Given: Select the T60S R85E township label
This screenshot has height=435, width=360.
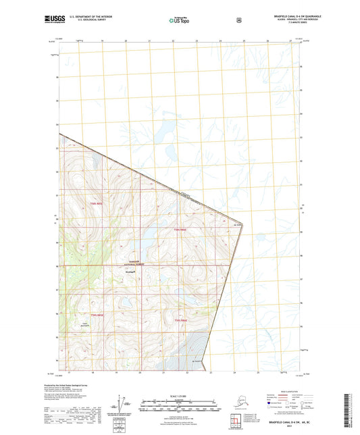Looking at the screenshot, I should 97,315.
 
